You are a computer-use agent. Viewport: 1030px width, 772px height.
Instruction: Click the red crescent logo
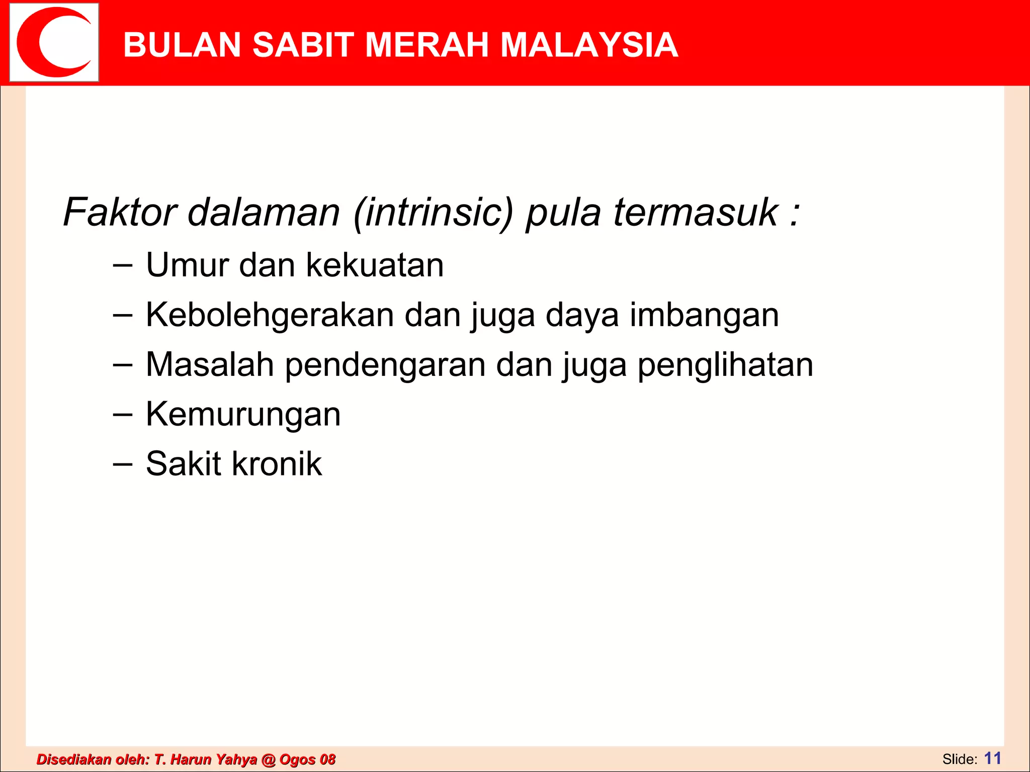(54, 42)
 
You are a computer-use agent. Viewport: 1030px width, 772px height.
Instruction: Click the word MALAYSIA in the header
(589, 45)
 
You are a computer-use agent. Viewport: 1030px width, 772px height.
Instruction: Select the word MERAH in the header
(427, 45)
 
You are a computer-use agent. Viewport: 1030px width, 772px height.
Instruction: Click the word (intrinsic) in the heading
(433, 213)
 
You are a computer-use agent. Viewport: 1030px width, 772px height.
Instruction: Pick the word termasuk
(696, 212)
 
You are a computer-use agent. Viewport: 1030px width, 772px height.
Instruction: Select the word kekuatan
(375, 265)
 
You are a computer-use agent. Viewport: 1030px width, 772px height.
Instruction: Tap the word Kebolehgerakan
(270, 315)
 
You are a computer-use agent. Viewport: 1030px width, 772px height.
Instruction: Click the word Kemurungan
(243, 415)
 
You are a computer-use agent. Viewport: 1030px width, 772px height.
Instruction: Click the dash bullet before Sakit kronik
(123, 464)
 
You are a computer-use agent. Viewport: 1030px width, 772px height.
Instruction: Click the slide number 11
(992, 758)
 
